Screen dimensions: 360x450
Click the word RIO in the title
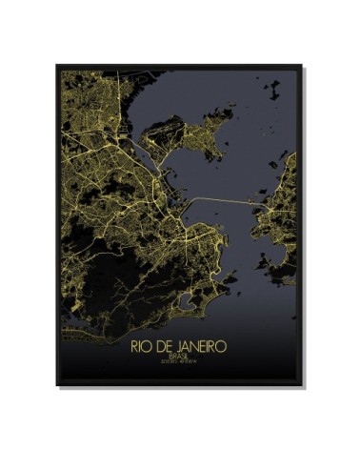click(141, 346)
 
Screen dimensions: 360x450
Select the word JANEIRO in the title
click(201, 346)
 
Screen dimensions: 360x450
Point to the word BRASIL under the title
click(179, 356)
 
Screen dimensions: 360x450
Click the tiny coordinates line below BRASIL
click(179, 362)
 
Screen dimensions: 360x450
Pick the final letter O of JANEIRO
click(223, 346)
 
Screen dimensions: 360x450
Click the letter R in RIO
click(135, 346)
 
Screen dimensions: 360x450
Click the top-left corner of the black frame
click(57, 65)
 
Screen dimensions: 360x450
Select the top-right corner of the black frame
click(303, 65)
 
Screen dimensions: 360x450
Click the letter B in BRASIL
click(169, 356)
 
